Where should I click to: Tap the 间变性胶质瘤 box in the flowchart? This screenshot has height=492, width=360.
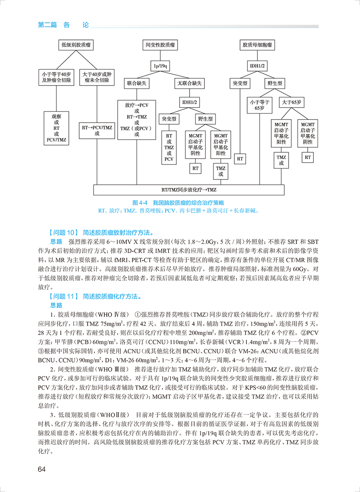click(160, 45)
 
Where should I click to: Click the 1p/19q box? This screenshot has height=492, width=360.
click(160, 65)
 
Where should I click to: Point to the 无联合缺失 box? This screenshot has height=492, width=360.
click(190, 84)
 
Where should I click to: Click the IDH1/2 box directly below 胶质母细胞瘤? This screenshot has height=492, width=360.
click(258, 65)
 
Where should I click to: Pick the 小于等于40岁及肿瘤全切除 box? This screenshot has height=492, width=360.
click(56, 77)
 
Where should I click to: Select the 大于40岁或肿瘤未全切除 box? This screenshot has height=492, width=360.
click(97, 77)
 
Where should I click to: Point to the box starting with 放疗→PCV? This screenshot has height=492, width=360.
click(137, 120)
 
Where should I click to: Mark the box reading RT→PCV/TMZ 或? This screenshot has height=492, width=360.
click(97, 130)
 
